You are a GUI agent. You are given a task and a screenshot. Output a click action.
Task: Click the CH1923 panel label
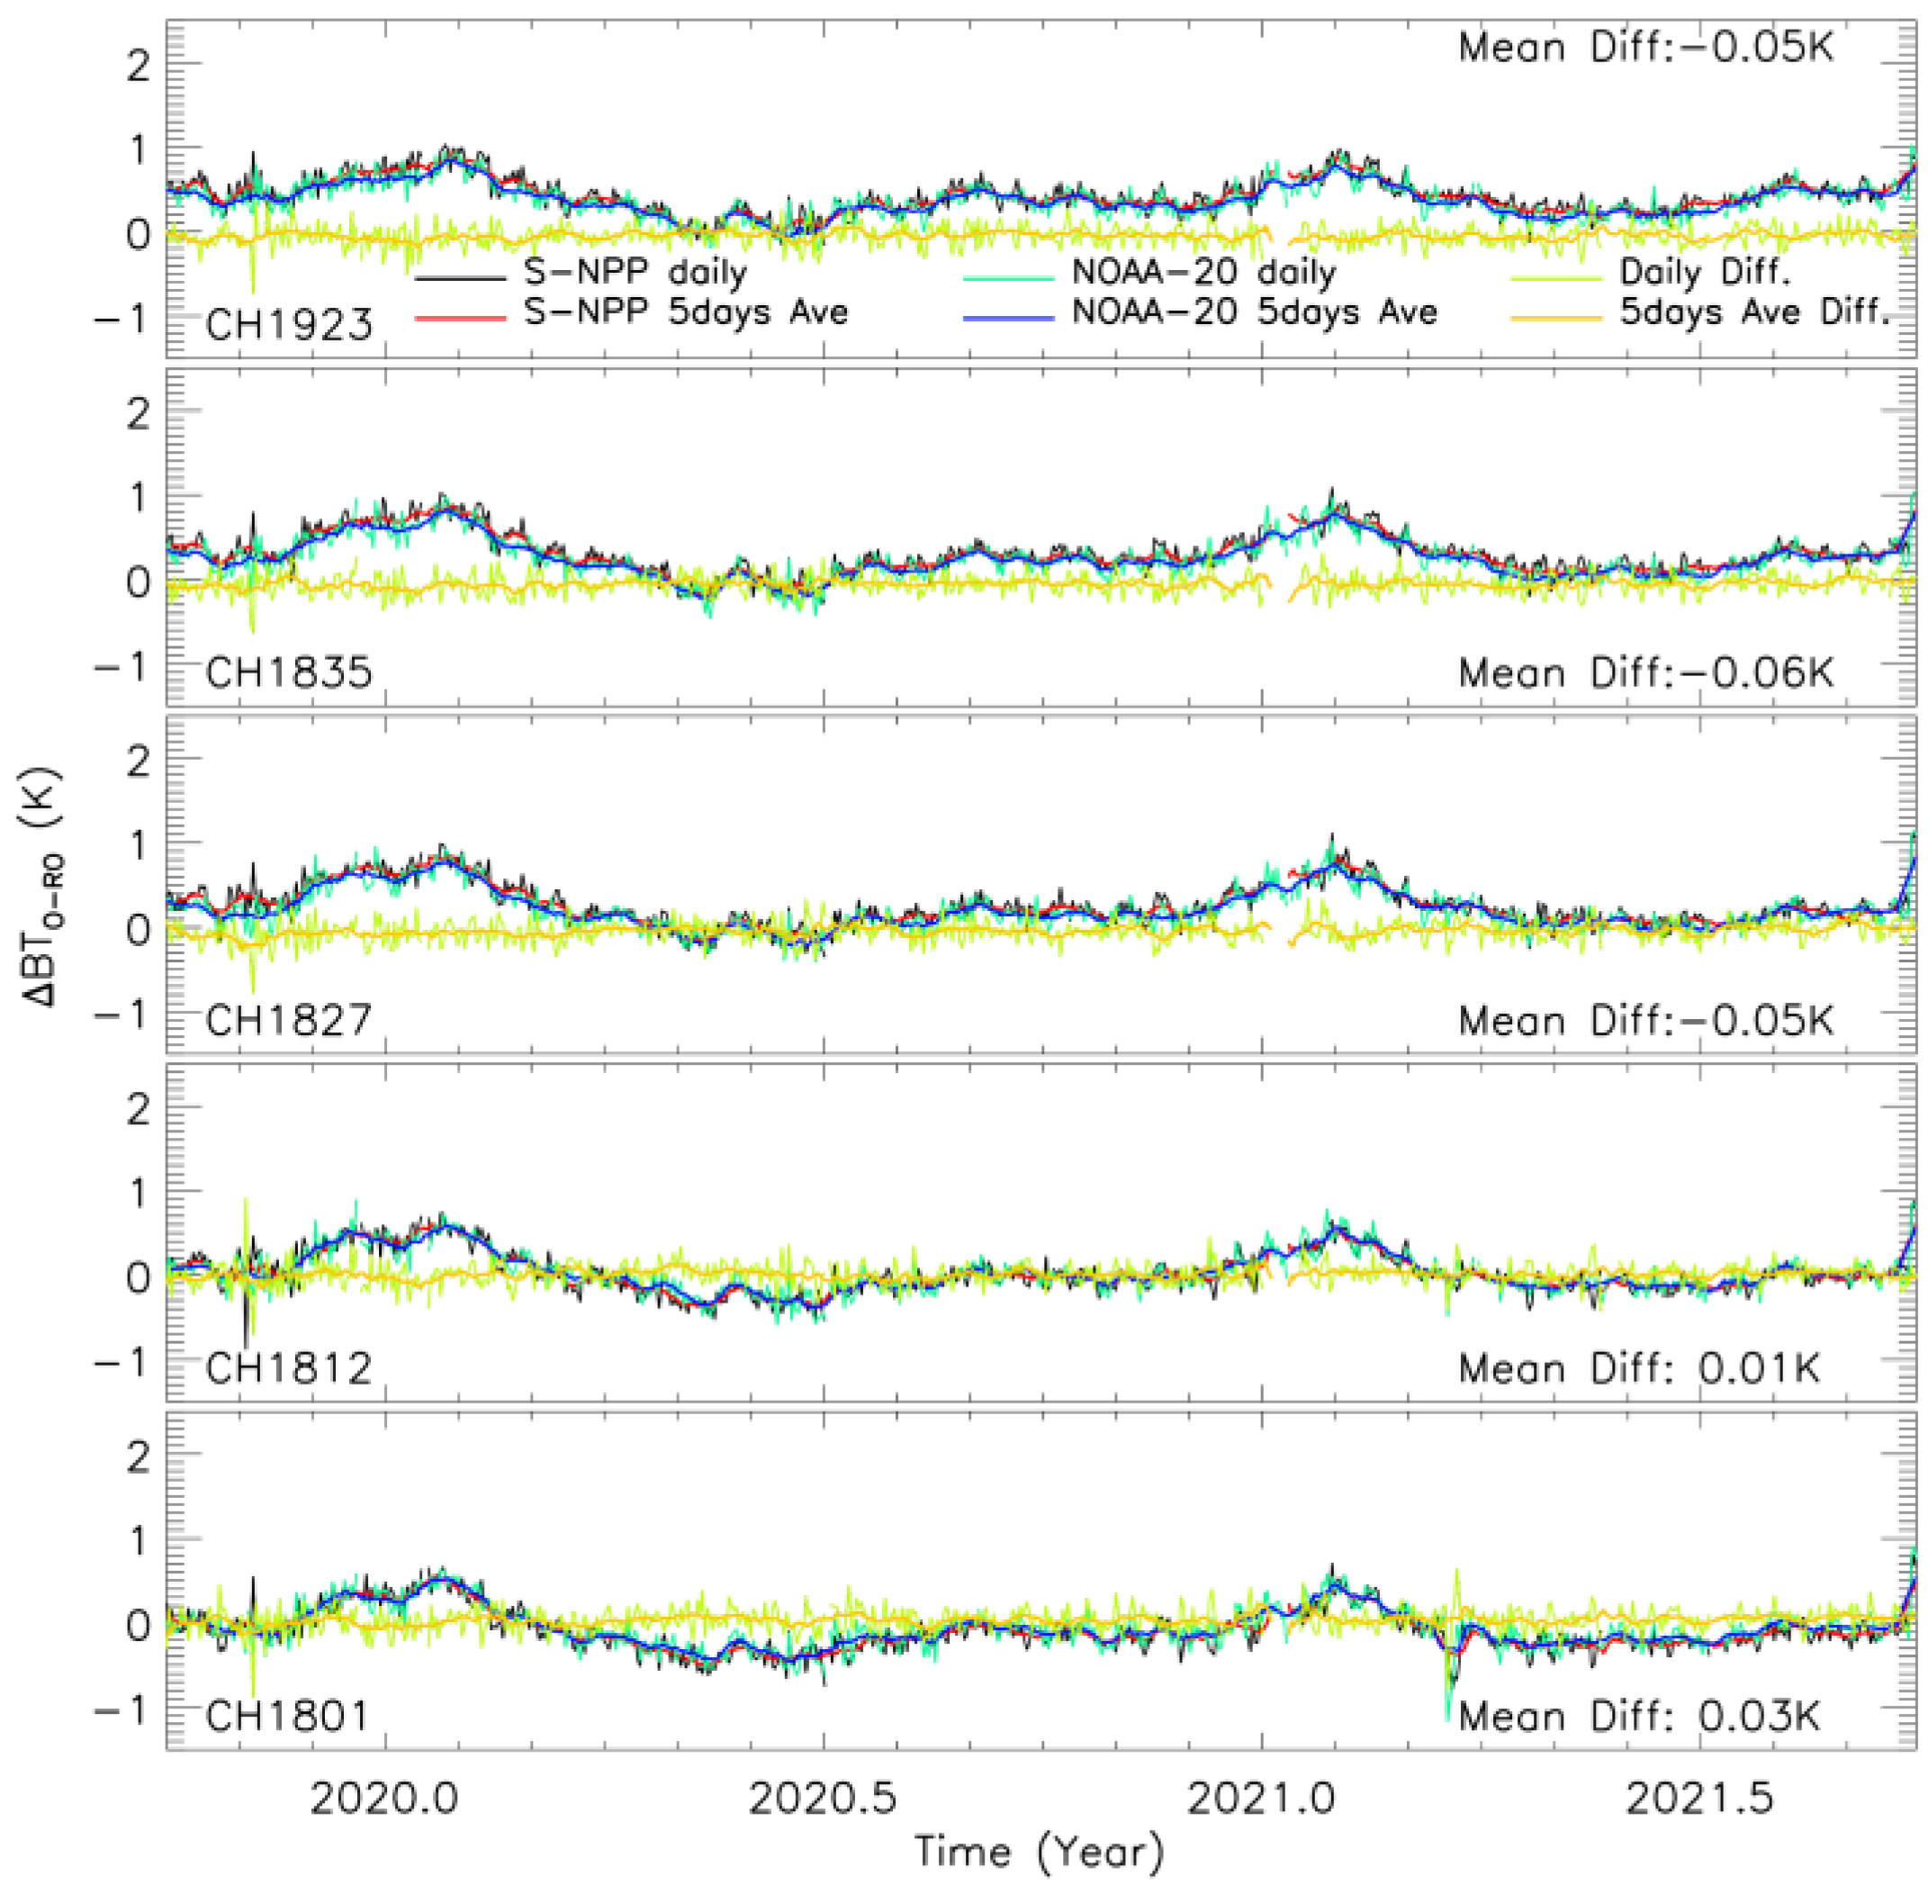click(x=289, y=325)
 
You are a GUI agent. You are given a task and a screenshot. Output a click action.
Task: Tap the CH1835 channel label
click(x=289, y=672)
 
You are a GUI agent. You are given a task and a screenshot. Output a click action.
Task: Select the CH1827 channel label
click(x=289, y=1021)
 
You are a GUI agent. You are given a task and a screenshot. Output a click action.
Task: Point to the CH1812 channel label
click(x=289, y=1369)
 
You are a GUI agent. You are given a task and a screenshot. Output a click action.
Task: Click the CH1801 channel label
click(x=286, y=1716)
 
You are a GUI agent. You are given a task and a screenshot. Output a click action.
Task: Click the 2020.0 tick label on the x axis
click(x=384, y=1799)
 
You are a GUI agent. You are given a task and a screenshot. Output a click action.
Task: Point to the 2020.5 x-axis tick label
click(x=823, y=1799)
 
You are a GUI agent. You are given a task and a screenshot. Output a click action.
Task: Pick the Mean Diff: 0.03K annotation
click(x=1639, y=1716)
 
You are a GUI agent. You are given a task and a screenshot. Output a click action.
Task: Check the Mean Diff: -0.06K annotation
click(x=1645, y=672)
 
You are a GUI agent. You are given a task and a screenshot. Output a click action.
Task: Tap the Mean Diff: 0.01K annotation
click(x=1639, y=1369)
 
